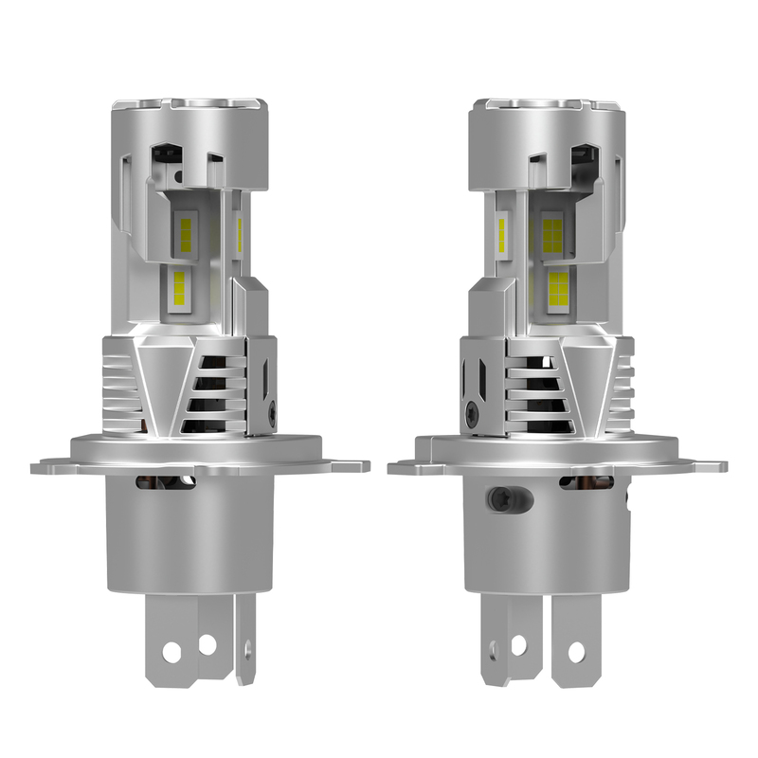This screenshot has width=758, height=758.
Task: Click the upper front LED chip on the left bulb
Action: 186,230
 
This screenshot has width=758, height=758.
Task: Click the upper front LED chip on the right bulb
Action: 552,230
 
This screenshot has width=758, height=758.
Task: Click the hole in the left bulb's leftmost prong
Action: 172,652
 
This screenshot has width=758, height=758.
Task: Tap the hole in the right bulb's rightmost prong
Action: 576,652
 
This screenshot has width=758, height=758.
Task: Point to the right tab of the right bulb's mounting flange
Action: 709,466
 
